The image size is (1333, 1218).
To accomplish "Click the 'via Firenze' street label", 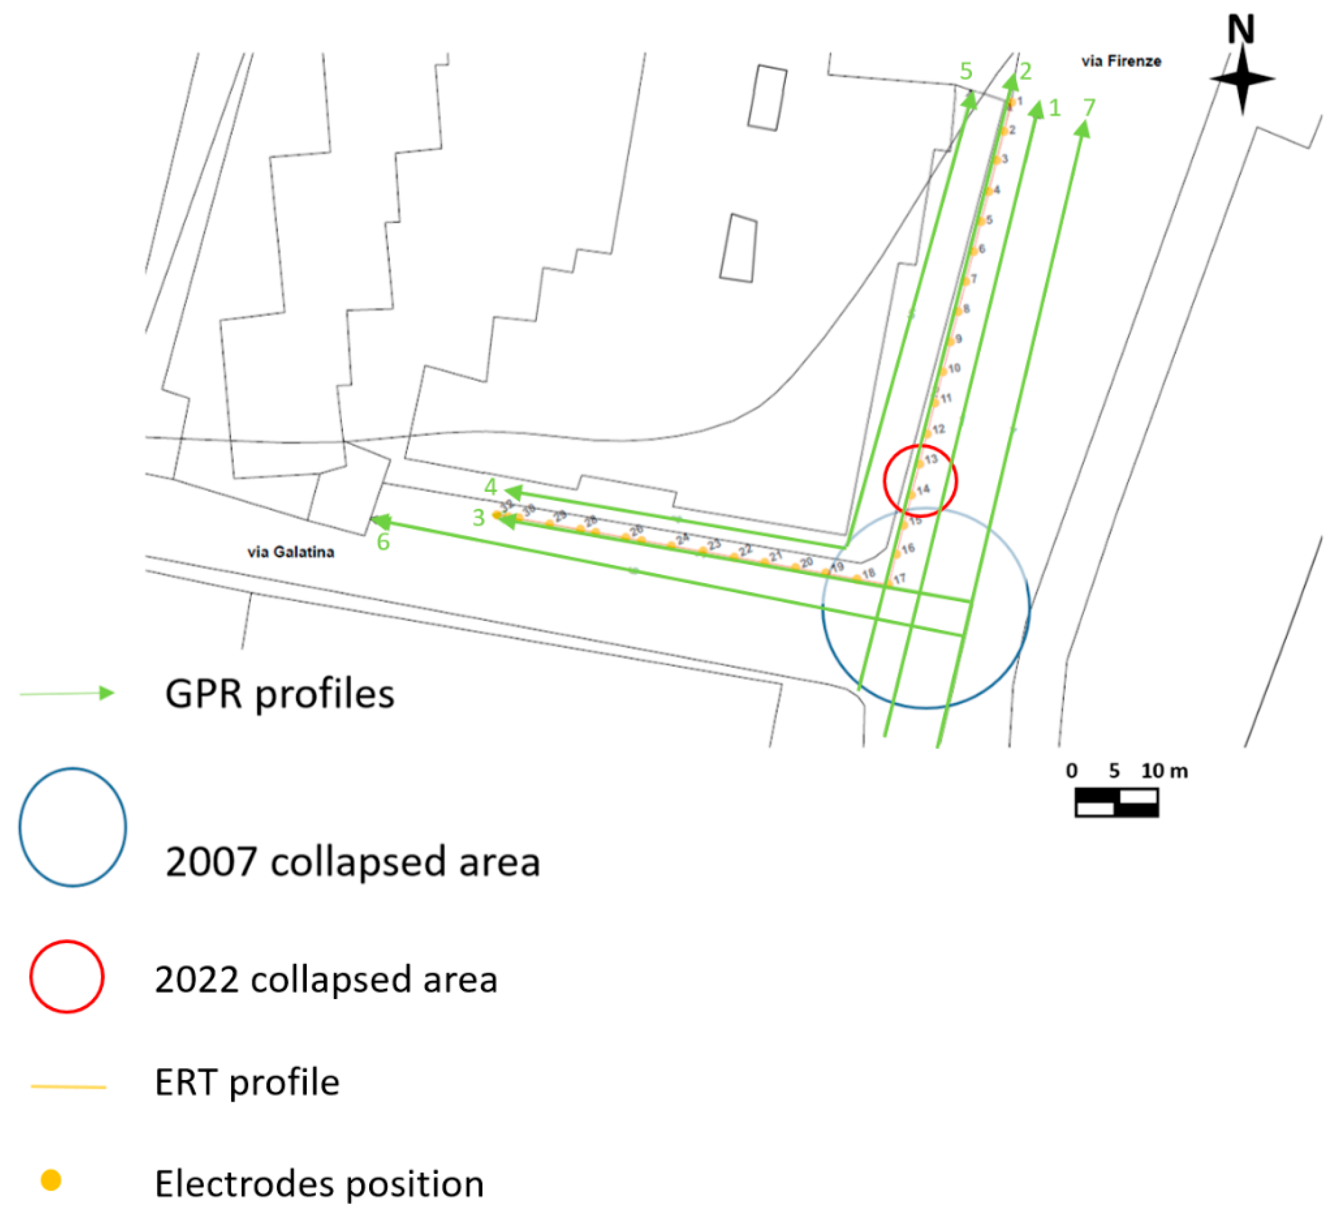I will pyautogui.click(x=1121, y=61).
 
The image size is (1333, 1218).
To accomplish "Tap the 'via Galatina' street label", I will pyautogui.click(x=290, y=552).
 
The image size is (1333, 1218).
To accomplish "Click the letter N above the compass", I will pyautogui.click(x=1241, y=30).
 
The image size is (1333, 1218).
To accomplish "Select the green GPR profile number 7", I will pyautogui.click(x=1089, y=107).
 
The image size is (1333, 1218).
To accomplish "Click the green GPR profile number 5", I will pyautogui.click(x=966, y=71).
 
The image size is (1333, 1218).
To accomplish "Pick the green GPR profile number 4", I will pyautogui.click(x=490, y=487).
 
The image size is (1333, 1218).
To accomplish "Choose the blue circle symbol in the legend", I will pyautogui.click(x=73, y=827).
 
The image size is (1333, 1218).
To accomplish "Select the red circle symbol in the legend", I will pyautogui.click(x=67, y=977).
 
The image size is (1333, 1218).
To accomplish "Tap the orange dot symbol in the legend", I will pyautogui.click(x=51, y=1180).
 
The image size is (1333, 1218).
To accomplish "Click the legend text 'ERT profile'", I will pyautogui.click(x=247, y=1083).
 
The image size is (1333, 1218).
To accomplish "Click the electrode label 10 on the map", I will pyautogui.click(x=954, y=368).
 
